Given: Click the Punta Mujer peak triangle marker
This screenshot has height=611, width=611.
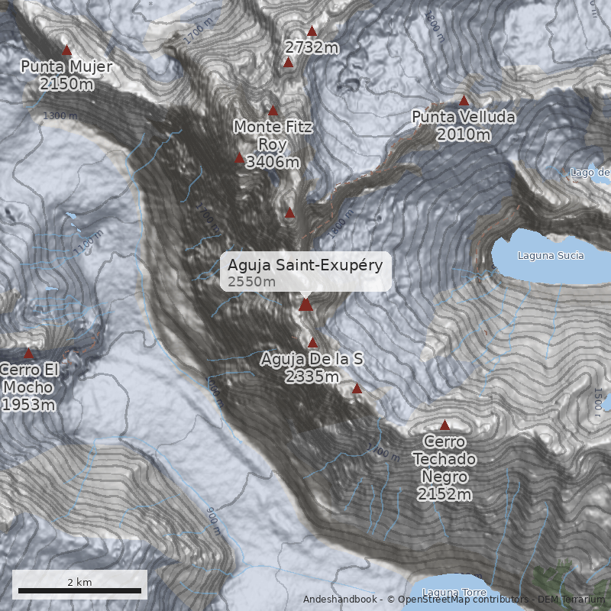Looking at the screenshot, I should [66, 50].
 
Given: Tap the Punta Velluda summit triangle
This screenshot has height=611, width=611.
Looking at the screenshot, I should [464, 101].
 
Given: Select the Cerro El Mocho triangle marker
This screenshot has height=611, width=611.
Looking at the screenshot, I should [29, 354].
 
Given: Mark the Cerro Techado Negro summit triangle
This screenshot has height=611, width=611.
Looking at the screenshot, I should [445, 425].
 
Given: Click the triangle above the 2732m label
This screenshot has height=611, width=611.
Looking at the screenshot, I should [312, 32].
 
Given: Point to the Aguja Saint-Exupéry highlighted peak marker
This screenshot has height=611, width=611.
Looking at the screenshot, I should [305, 305].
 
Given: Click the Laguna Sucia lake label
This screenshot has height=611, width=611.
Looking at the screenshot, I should [550, 255].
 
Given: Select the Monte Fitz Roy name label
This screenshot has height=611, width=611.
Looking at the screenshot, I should [273, 135].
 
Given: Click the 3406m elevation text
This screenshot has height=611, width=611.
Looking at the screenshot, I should [273, 162].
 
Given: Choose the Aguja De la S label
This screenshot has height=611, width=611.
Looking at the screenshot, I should [312, 358].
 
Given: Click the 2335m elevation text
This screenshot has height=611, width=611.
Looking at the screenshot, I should [312, 377].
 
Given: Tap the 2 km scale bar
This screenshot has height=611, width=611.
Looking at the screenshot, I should [79, 590].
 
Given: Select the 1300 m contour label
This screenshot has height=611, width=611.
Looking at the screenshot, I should [61, 116].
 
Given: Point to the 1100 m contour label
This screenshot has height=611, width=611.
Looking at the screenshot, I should [89, 242].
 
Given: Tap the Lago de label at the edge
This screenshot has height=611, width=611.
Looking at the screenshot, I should [590, 173].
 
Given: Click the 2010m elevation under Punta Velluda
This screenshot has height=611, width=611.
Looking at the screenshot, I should [464, 135].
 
